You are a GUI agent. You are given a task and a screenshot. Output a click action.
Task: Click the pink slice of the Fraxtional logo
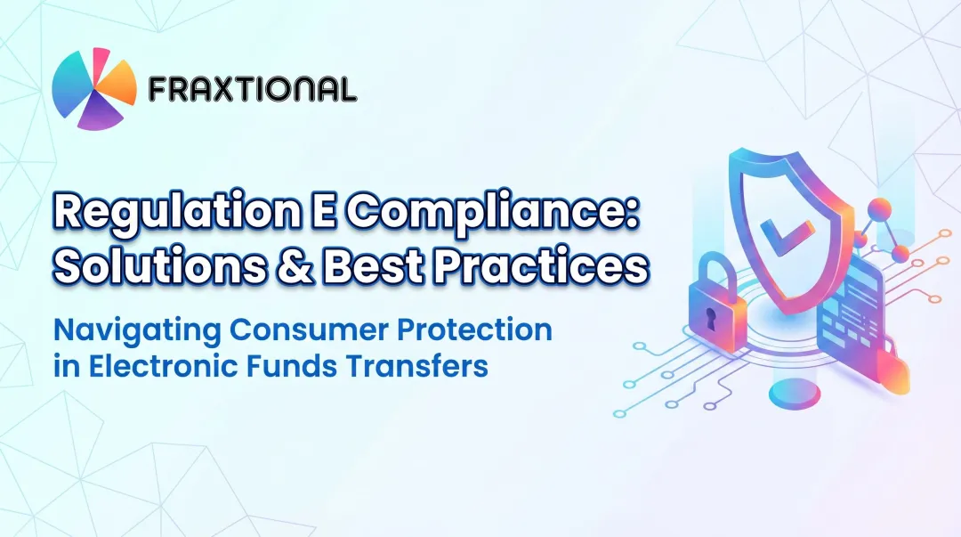[100, 61]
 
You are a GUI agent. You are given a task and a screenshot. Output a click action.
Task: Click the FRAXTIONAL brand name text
[253, 88]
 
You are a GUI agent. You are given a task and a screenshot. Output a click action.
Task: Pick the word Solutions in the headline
[154, 267]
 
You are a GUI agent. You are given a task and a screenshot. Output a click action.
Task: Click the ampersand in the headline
[295, 267]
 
